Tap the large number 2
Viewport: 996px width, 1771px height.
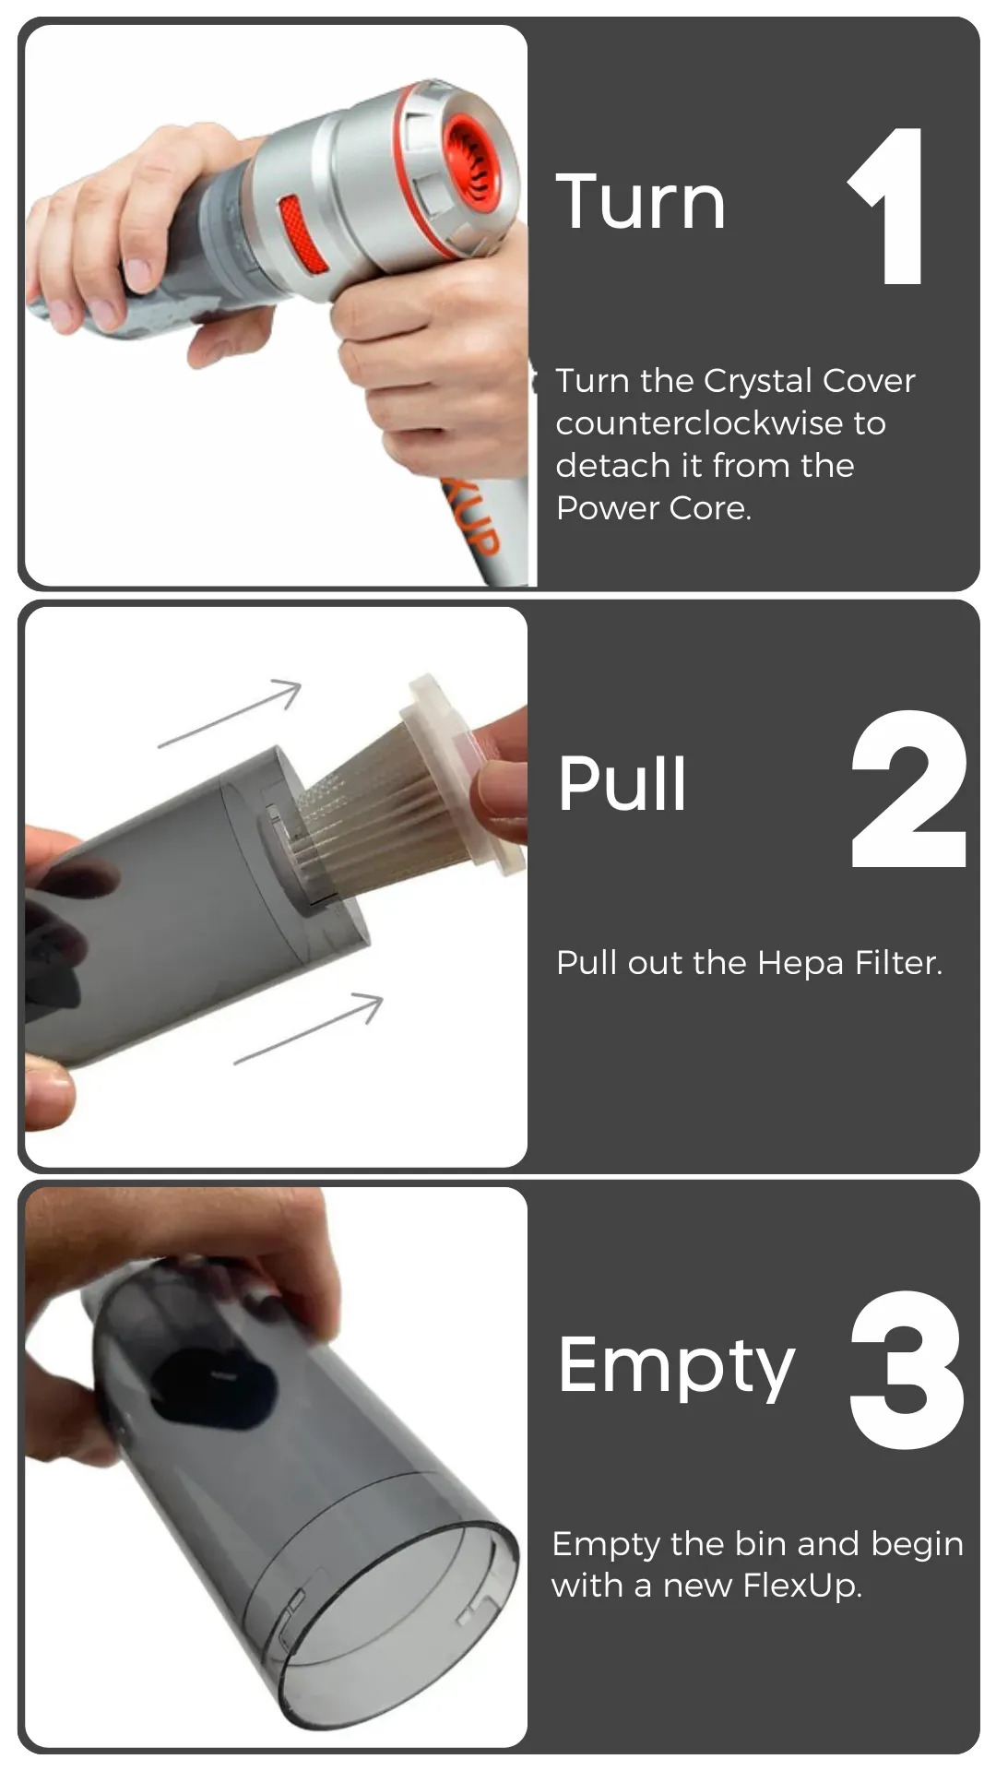pyautogui.click(x=908, y=789)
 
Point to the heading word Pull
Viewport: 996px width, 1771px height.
pyautogui.click(x=622, y=783)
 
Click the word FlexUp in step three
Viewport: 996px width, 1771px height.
pyautogui.click(x=801, y=1586)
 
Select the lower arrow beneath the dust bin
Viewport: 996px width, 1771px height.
pyautogui.click(x=308, y=1029)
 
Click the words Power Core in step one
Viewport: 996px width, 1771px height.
pyautogui.click(x=653, y=508)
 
